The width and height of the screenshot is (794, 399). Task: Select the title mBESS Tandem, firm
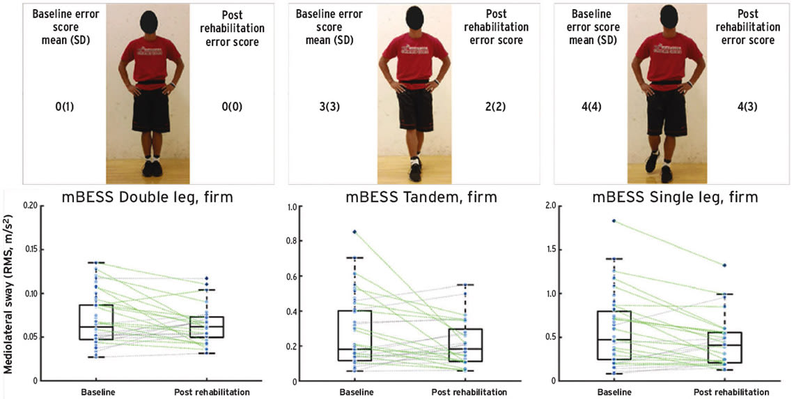421,197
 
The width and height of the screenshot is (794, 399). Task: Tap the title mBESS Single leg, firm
675,197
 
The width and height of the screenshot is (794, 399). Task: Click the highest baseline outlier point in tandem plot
355,232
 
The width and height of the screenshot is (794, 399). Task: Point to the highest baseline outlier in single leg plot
614,220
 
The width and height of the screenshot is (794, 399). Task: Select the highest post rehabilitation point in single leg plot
724,265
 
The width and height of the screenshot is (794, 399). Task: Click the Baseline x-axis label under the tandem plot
355,392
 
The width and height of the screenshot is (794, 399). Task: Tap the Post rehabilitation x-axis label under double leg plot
211,392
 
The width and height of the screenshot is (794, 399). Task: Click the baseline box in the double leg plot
96,322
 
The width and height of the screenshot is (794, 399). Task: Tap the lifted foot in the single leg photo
652,163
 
